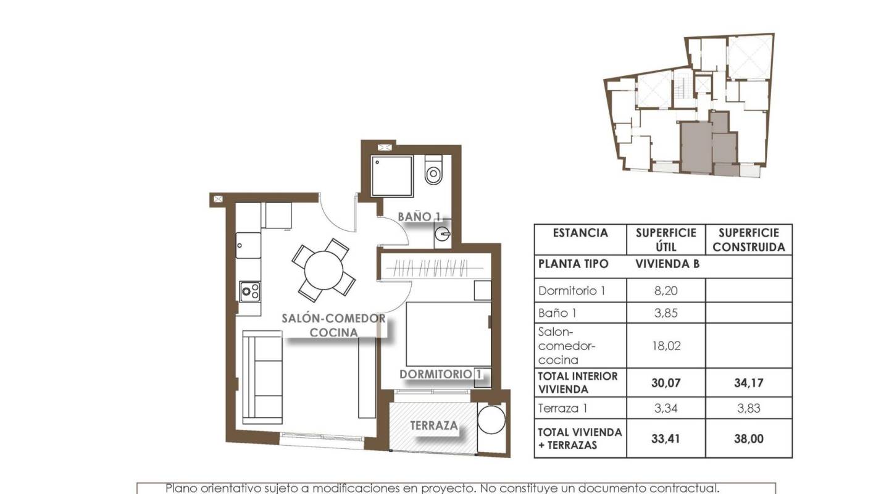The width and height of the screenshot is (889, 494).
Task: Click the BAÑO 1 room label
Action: click(x=419, y=217)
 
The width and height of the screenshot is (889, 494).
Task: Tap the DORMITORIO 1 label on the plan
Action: click(x=440, y=374)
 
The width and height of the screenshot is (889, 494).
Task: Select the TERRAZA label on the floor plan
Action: click(x=434, y=425)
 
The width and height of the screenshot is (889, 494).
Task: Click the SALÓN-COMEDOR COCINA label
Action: click(x=333, y=325)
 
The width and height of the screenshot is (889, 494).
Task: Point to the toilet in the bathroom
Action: click(x=434, y=170)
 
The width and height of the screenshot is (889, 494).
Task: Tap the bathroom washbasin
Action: click(x=443, y=234)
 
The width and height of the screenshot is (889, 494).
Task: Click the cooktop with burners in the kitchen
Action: click(x=249, y=290)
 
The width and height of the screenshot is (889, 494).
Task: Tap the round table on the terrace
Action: click(x=491, y=421)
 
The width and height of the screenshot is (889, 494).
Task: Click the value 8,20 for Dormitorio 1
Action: click(x=666, y=290)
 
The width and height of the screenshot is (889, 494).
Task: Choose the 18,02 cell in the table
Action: click(x=666, y=346)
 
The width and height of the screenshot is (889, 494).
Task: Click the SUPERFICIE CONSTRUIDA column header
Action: click(x=748, y=240)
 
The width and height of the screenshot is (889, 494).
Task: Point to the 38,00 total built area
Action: click(x=748, y=439)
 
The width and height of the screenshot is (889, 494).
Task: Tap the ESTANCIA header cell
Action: click(x=580, y=233)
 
